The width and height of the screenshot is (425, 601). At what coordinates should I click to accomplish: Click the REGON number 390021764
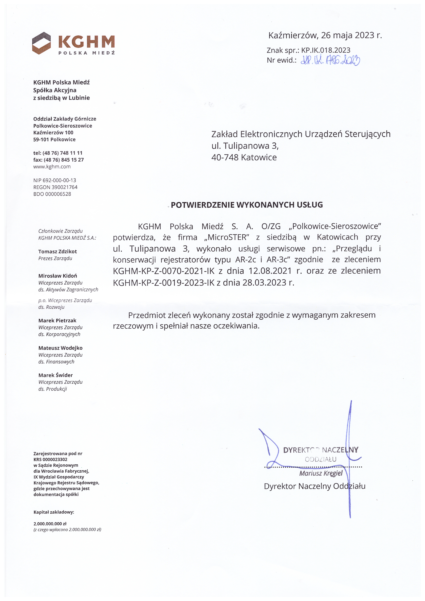(x=63, y=187)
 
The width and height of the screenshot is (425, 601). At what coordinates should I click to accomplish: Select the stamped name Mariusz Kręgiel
(x=321, y=473)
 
